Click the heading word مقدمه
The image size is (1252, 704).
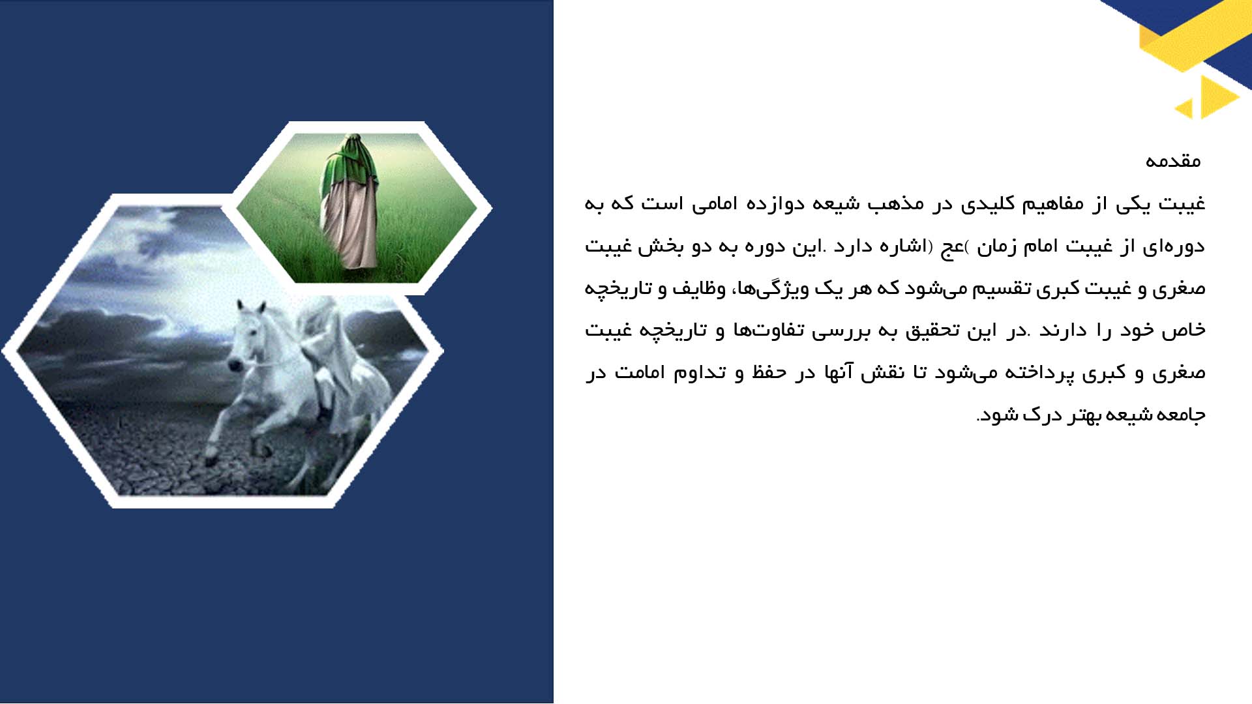coord(1173,161)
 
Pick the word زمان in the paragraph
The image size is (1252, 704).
coord(996,246)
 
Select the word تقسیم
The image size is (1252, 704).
coord(1002,288)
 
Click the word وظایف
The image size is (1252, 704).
coord(699,288)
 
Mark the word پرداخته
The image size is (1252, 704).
coord(1030,373)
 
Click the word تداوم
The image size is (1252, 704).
coord(700,373)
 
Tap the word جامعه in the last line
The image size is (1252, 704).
coord(1181,415)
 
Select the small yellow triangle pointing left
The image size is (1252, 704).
coord(1185,108)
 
